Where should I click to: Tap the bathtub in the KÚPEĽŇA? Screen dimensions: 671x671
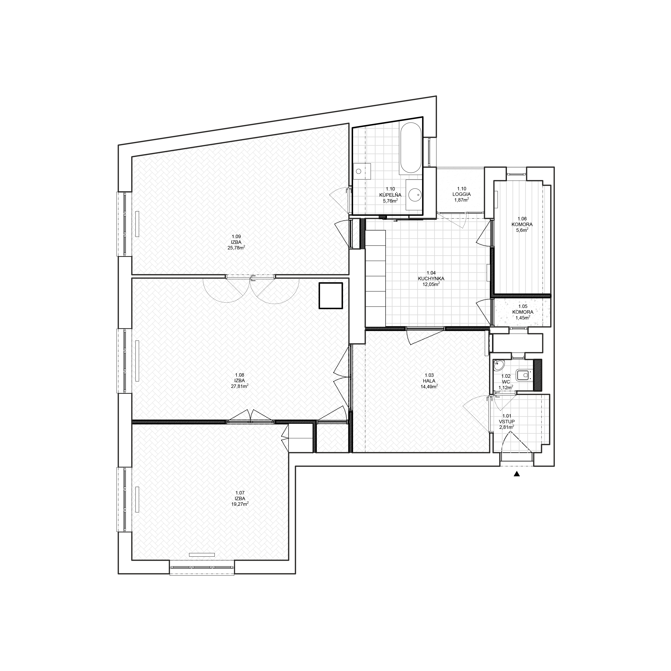click(411, 148)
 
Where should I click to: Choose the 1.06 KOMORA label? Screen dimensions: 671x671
click(522, 221)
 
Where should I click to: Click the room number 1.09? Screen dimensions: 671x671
click(236, 237)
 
